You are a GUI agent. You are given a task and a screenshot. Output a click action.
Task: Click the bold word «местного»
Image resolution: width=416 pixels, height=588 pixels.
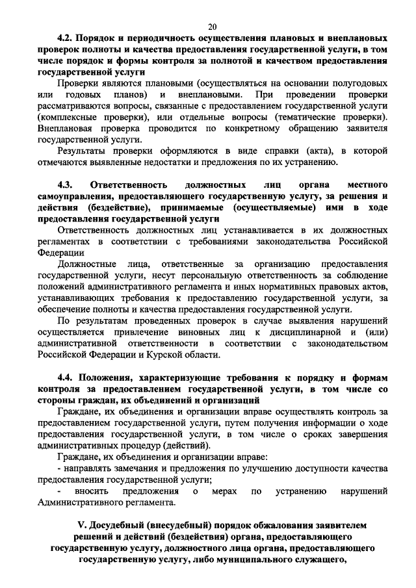coord(369,184)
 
